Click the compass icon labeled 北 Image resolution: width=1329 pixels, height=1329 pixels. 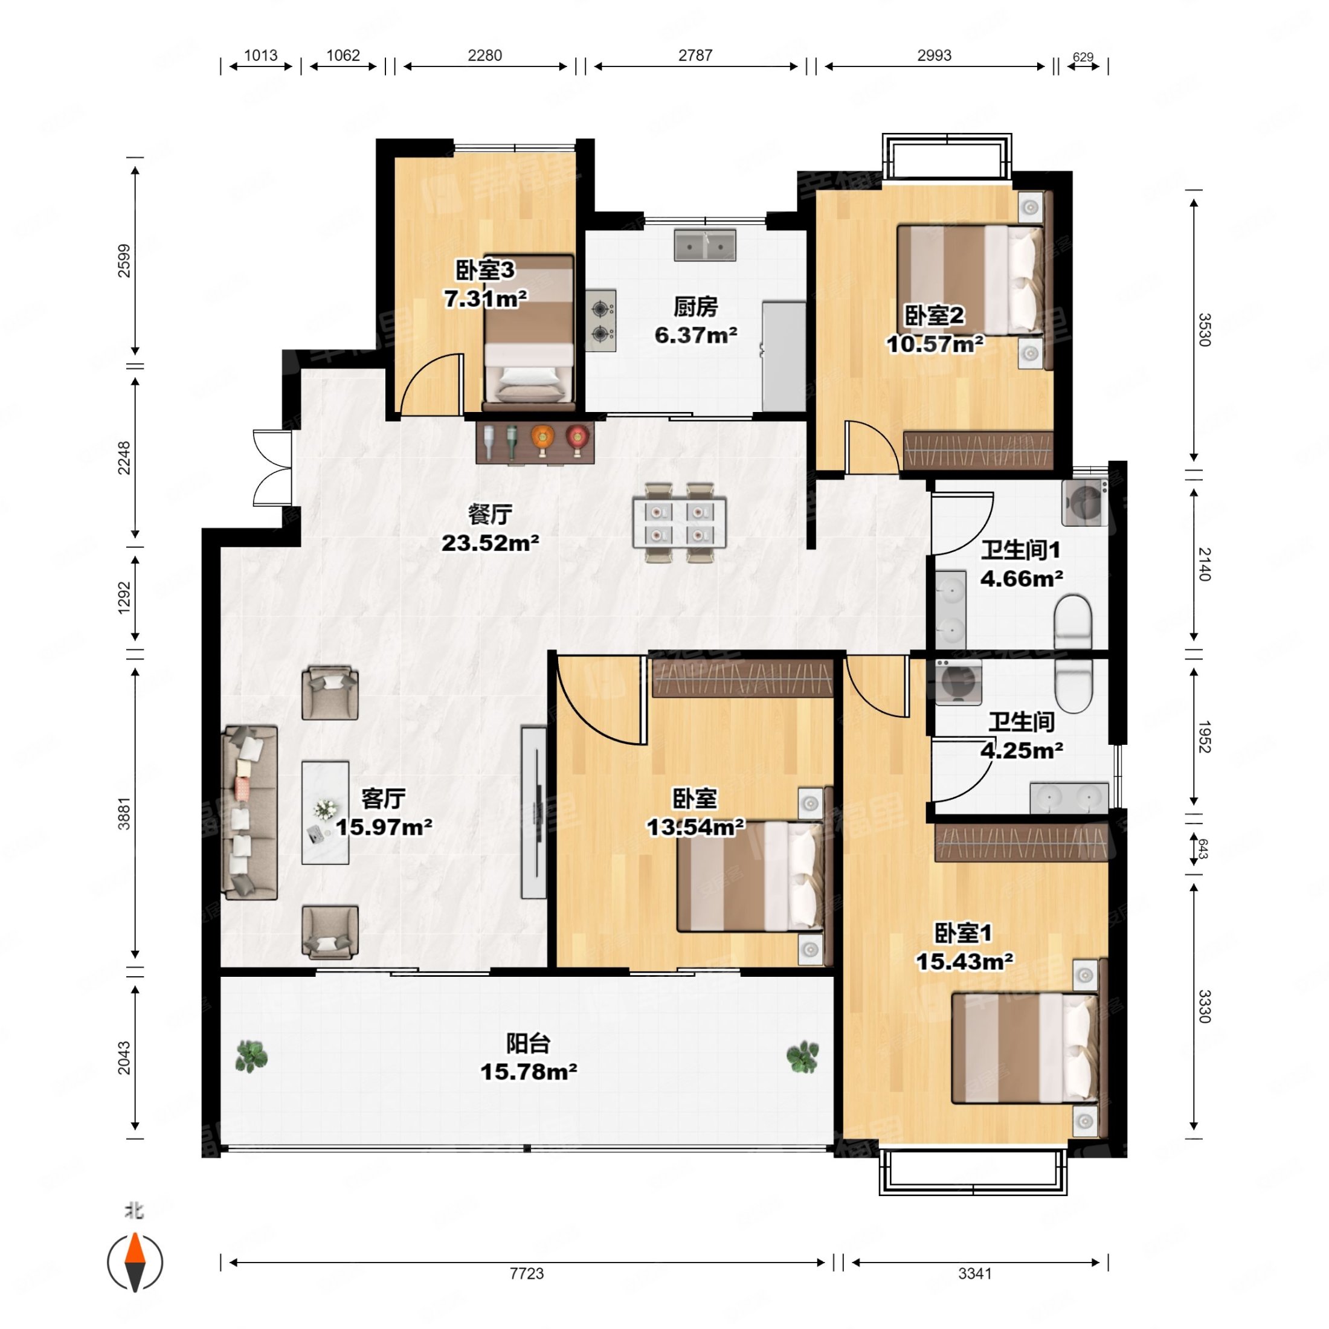click(x=135, y=1263)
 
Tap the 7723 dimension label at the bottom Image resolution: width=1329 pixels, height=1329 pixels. click(x=526, y=1273)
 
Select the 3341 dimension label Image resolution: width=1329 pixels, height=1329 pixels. click(x=975, y=1273)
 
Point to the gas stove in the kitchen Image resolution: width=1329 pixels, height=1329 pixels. click(x=600, y=321)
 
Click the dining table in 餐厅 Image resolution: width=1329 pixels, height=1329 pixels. click(x=680, y=523)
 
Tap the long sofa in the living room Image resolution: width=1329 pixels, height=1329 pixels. click(x=249, y=813)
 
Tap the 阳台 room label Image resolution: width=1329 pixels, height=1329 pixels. click(x=527, y=1043)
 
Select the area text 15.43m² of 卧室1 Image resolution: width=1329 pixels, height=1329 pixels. click(x=964, y=961)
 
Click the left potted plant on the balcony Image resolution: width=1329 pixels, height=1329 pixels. click(x=251, y=1056)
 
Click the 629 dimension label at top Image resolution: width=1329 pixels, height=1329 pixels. click(x=1083, y=57)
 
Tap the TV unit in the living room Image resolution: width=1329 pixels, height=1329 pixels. click(x=534, y=813)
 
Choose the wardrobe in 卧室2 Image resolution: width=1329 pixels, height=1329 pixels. click(x=977, y=451)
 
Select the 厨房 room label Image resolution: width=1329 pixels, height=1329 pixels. click(x=695, y=307)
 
